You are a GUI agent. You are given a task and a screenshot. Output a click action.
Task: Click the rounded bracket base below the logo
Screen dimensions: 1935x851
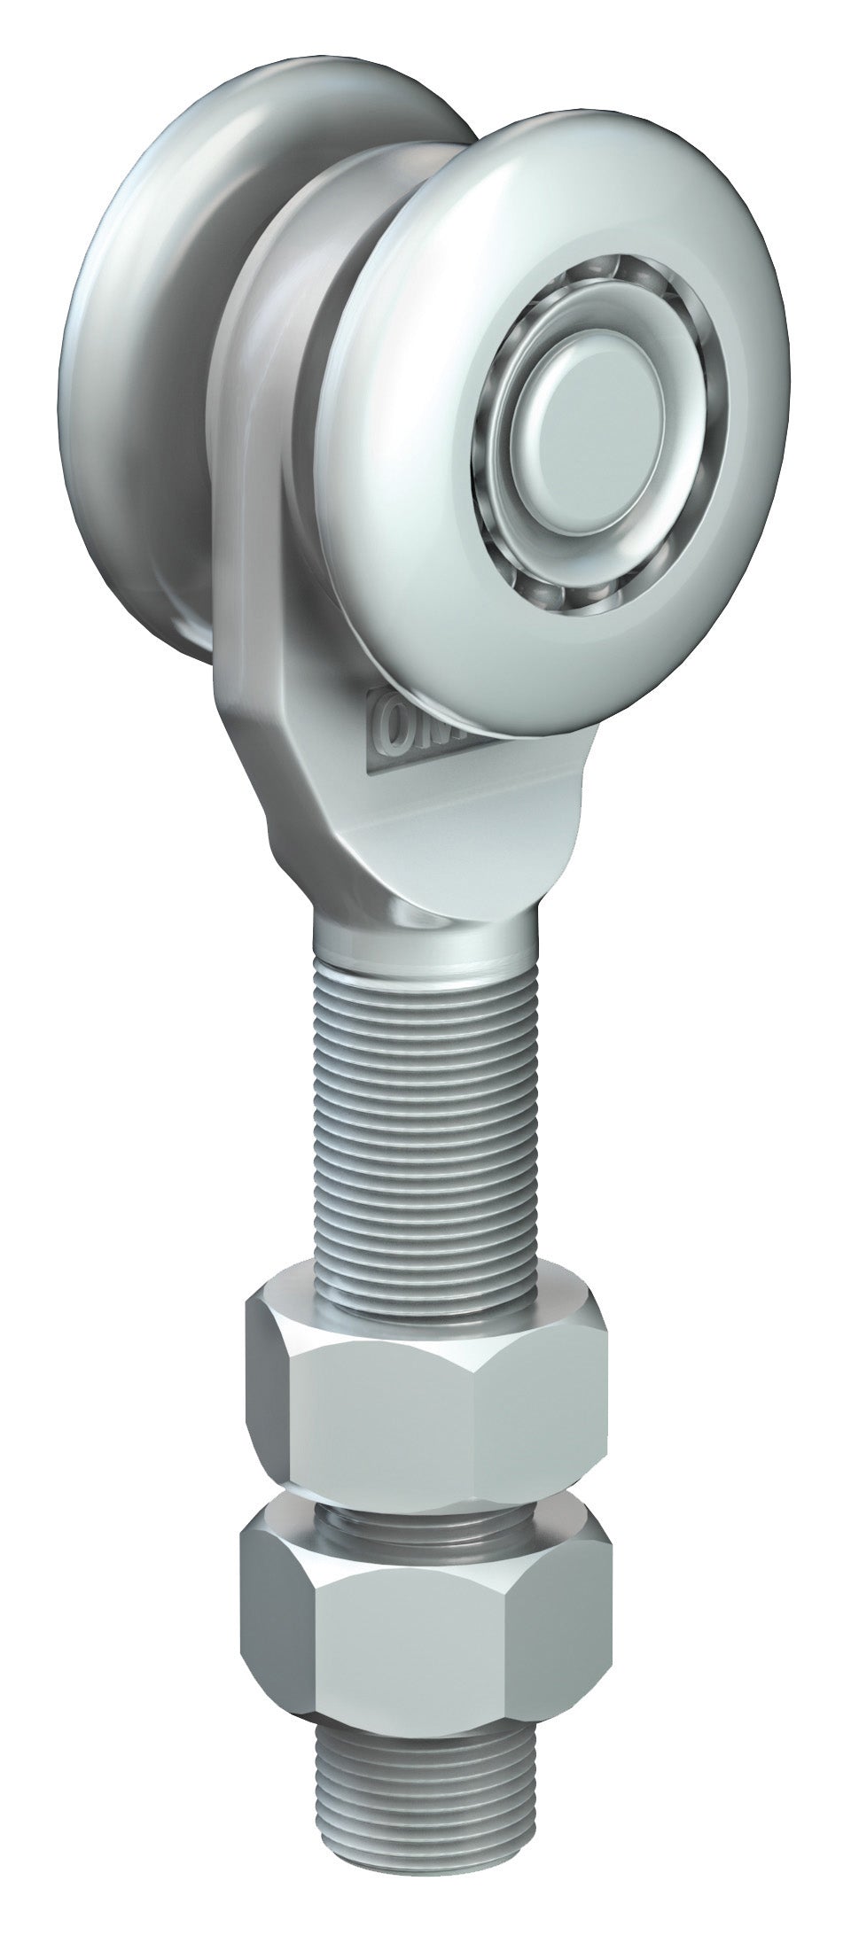[425, 824]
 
